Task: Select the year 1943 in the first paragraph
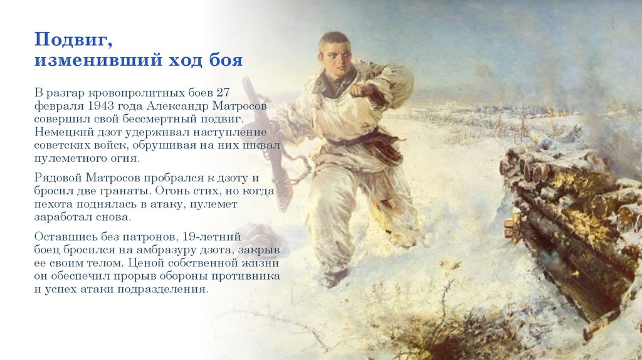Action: [x=102, y=106]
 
